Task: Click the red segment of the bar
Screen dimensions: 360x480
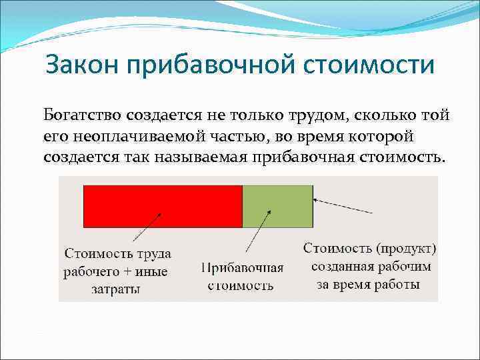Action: click(162, 207)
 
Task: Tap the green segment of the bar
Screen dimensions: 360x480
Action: click(277, 207)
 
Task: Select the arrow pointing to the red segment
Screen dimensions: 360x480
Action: click(147, 227)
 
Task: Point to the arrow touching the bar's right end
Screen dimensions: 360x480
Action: click(343, 205)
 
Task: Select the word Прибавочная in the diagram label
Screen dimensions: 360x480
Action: click(242, 268)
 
